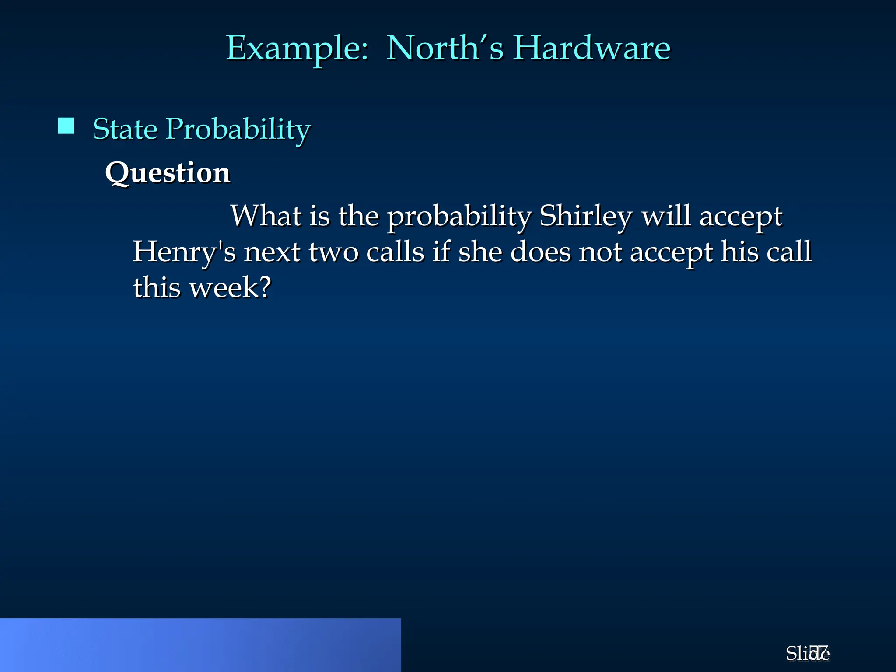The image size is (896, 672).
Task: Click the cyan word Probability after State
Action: point(238,129)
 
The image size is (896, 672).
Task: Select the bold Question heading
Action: point(168,172)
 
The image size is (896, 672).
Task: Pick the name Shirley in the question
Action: point(585,216)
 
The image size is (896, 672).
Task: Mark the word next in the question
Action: point(272,252)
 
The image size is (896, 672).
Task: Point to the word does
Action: point(541,252)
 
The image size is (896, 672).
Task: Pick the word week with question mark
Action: point(230,288)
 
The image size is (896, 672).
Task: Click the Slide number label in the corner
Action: point(807,653)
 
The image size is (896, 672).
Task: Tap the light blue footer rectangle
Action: point(200,645)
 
